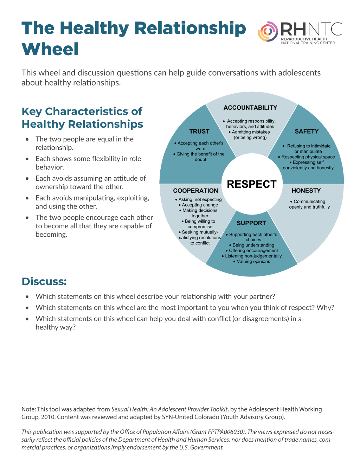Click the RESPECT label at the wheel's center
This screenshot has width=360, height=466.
pos(252,184)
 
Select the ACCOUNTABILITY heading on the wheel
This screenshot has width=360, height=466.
pos(250,108)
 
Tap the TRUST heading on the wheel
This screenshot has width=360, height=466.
pos(199,132)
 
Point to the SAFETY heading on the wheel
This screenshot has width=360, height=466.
pos(307,132)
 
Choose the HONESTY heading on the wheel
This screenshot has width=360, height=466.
pos(306,191)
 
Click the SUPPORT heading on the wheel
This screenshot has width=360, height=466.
pos(251,223)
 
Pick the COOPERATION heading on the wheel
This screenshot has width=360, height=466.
pos(195,191)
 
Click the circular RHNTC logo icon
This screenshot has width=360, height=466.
pos(268,32)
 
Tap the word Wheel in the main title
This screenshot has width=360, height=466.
pos(50,49)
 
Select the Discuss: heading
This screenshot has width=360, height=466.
pos(44,281)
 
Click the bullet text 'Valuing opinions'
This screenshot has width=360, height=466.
pos(253,261)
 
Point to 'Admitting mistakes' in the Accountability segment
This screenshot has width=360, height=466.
pos(251,132)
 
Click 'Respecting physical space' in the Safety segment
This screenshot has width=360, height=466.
pos(308,157)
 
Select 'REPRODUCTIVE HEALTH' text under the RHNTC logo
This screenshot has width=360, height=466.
pos(304,39)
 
